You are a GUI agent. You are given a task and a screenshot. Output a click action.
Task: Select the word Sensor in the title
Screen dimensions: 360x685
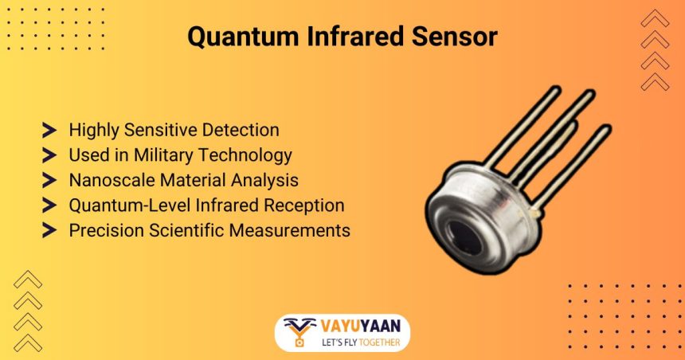[455, 37]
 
